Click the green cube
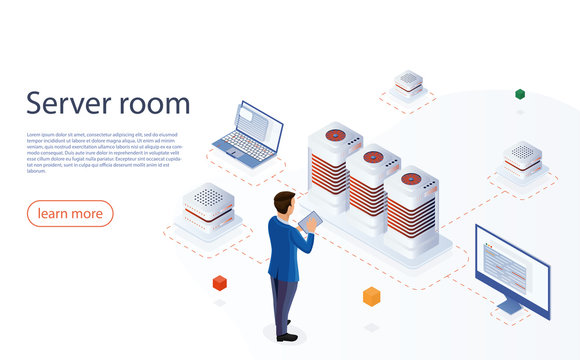point(520,94)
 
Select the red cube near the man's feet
point(219,283)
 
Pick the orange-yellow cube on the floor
point(371,296)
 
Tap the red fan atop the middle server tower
point(371,157)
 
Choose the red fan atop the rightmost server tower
point(411,179)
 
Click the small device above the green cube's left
point(408,82)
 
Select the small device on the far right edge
point(522,157)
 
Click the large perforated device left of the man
point(207,205)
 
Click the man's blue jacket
point(286,245)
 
